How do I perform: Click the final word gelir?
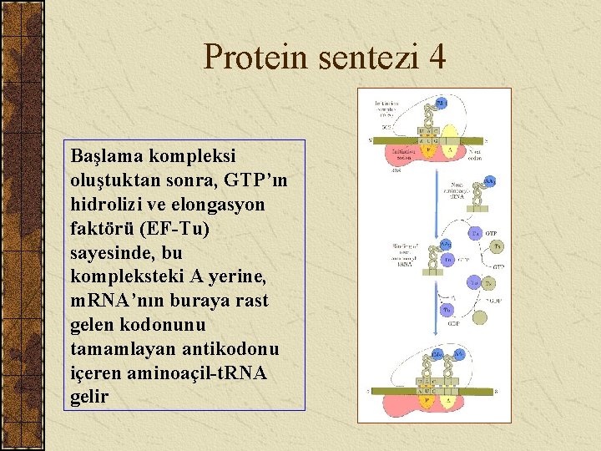pyautogui.click(x=89, y=396)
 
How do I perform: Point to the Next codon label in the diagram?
pyautogui.click(x=475, y=155)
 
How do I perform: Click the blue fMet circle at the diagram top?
pyautogui.click(x=441, y=103)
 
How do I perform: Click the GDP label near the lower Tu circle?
pyautogui.click(x=455, y=323)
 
